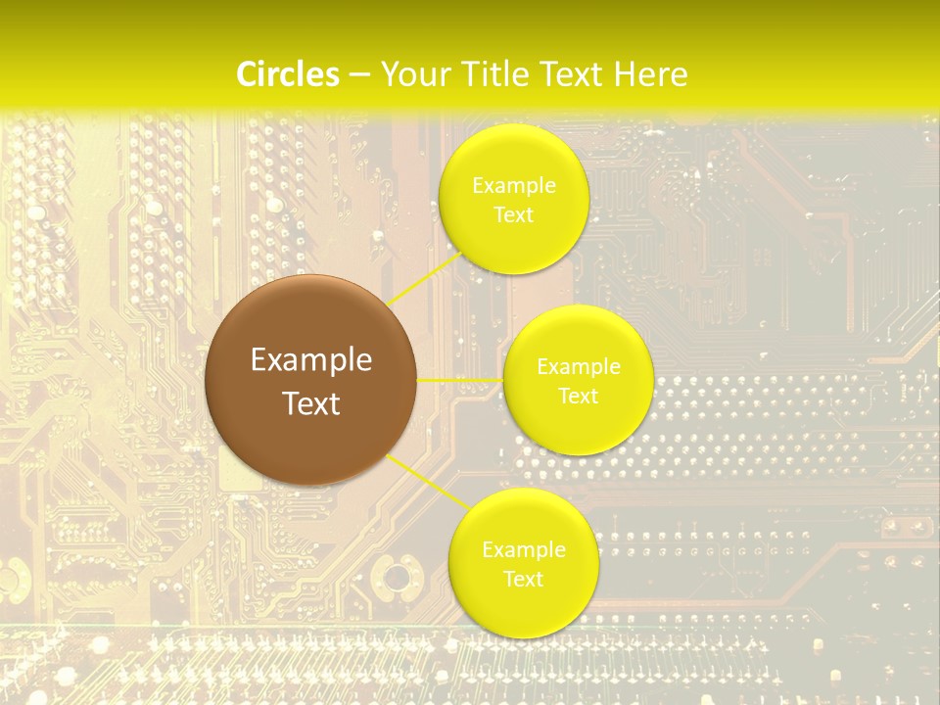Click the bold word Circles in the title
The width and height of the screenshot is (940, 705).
(288, 74)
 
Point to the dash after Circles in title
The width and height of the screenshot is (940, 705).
(359, 75)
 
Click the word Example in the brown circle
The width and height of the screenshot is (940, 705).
(311, 360)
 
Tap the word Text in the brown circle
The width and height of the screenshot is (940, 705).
(311, 403)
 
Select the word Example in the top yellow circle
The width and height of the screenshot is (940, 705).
(514, 185)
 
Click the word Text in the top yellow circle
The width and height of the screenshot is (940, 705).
(514, 214)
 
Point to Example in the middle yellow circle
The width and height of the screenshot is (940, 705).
(579, 367)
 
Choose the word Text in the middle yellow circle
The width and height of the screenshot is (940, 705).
(579, 397)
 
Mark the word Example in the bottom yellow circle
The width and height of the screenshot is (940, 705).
(524, 550)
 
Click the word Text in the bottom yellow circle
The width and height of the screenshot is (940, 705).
(524, 579)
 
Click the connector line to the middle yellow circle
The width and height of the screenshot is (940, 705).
(460, 379)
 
